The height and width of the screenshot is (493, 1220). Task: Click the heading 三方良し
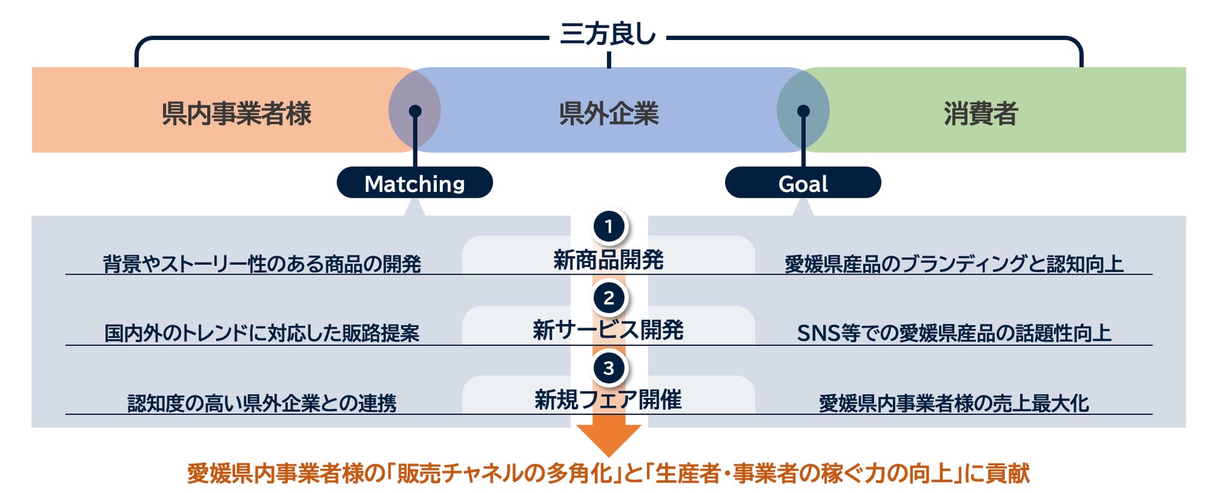pyautogui.click(x=607, y=34)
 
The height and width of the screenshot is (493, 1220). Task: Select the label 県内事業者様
pyautogui.click(x=236, y=113)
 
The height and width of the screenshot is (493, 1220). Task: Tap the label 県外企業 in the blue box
pyautogui.click(x=608, y=113)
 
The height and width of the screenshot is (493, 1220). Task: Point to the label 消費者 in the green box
pyautogui.click(x=980, y=113)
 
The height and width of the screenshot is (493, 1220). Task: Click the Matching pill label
pyautogui.click(x=414, y=183)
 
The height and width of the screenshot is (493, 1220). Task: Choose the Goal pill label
pyautogui.click(x=803, y=183)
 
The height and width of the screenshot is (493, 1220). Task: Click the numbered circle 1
pyautogui.click(x=608, y=226)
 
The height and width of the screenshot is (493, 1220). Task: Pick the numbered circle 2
pyautogui.click(x=608, y=298)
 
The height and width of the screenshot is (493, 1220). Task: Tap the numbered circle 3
pyautogui.click(x=608, y=368)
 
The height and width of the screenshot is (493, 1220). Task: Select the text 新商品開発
pyautogui.click(x=608, y=260)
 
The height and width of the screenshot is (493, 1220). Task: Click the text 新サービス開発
pyautogui.click(x=608, y=330)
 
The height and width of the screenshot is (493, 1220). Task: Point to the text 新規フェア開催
pyautogui.click(x=608, y=399)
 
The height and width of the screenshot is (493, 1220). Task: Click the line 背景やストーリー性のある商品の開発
pyautogui.click(x=262, y=264)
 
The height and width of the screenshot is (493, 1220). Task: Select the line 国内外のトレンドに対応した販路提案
pyautogui.click(x=262, y=333)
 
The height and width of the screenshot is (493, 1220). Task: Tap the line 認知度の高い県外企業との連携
pyautogui.click(x=262, y=403)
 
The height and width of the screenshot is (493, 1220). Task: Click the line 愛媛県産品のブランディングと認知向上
pyautogui.click(x=953, y=264)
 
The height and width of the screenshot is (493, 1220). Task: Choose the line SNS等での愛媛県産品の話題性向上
pyautogui.click(x=953, y=333)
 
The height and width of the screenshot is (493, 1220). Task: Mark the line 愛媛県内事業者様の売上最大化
pyautogui.click(x=953, y=403)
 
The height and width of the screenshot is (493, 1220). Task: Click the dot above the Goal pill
pyautogui.click(x=803, y=111)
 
